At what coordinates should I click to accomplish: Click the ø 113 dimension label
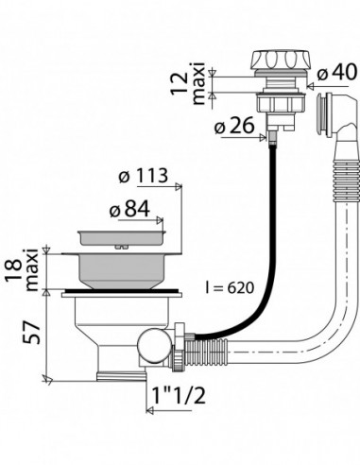[x=144, y=176]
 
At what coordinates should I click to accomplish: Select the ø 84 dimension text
[x=129, y=209]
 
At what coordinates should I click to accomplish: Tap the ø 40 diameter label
[x=337, y=72]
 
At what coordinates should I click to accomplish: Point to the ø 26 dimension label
[x=234, y=126]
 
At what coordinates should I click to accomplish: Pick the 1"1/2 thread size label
[x=179, y=395]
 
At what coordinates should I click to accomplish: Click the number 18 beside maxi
[x=14, y=270]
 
